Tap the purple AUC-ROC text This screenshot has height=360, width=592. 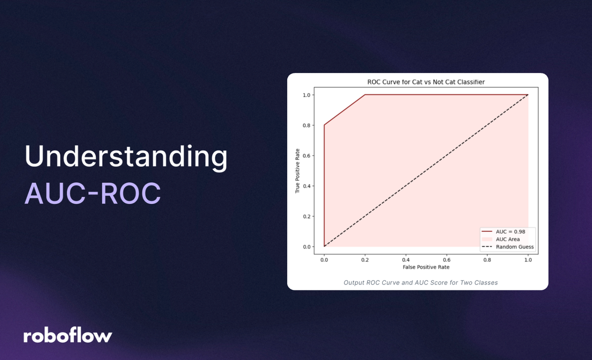(93, 193)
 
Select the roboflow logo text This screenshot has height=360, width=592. (68, 336)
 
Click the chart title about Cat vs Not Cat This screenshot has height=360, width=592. (426, 82)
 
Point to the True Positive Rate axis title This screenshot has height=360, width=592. (297, 171)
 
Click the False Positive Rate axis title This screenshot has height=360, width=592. (426, 267)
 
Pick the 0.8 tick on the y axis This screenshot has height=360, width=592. (307, 125)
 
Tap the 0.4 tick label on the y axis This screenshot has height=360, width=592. (307, 186)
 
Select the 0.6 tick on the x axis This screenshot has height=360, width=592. (446, 259)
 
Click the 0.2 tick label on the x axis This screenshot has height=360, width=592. (365, 259)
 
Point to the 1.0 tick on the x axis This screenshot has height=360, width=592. (528, 259)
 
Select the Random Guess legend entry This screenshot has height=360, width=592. (513, 247)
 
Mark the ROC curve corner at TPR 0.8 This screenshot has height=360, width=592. (324, 125)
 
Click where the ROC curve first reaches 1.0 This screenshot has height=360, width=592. (365, 95)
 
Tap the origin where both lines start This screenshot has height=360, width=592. (324, 247)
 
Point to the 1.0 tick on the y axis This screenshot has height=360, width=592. (307, 95)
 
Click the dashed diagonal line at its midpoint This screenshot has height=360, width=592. (426, 171)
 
